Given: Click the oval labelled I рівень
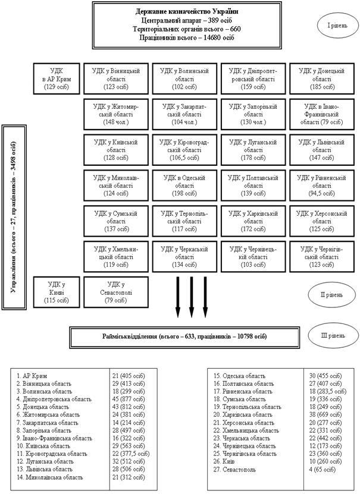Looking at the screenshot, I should (331, 27).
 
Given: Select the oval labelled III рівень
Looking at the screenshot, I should (331, 336).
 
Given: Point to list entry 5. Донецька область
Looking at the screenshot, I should (42, 407).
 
